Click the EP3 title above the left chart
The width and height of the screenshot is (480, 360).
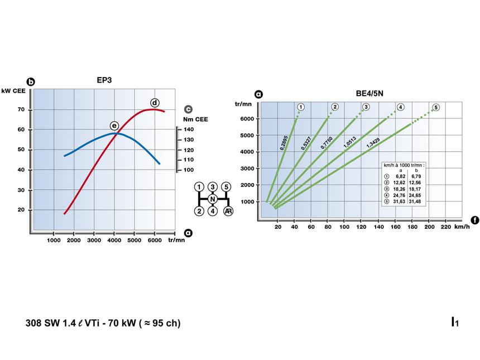point(104,80)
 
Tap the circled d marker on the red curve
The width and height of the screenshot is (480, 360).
point(155,102)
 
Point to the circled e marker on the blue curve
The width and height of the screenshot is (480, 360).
point(114,126)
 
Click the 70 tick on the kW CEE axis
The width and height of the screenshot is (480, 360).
point(20,109)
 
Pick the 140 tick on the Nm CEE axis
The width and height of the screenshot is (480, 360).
point(189,129)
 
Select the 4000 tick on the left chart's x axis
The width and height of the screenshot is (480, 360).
point(114,241)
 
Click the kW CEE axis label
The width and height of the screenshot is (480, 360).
point(13,90)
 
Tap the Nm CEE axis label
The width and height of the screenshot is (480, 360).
point(195,118)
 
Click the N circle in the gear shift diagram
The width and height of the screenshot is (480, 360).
point(212,199)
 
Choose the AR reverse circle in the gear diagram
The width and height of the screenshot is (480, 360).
point(227,211)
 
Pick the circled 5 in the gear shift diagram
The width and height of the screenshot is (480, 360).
point(226,186)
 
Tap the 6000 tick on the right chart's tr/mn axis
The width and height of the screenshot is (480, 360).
point(248,118)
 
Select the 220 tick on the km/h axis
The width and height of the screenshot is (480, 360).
point(445,227)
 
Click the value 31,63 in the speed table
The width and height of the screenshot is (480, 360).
point(399,201)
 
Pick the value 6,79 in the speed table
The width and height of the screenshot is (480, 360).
point(416,176)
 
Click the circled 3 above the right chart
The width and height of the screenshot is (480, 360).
point(366,107)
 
